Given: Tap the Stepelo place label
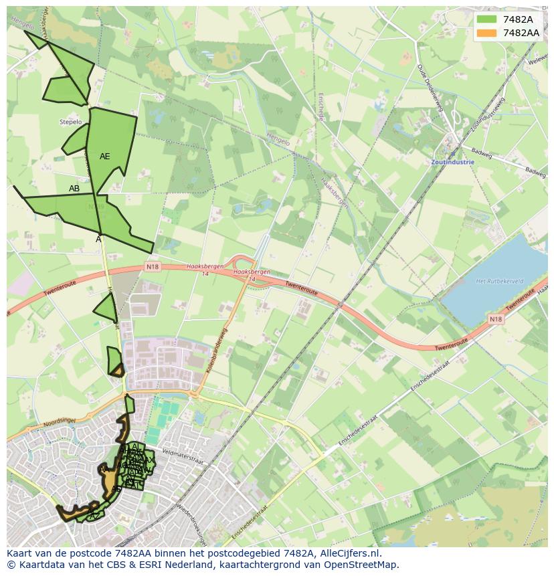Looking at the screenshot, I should click(70, 122).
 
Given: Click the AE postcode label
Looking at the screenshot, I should click(104, 157).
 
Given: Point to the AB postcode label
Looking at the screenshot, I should click(74, 189).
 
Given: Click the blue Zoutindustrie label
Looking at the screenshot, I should click(452, 162).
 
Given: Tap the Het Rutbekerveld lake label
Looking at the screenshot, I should click(499, 281).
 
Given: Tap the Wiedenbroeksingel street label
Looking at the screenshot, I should click(190, 512).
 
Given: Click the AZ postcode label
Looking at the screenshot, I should click(95, 514).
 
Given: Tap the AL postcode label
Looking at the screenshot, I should click(136, 446).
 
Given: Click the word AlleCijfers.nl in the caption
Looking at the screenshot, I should click(349, 554).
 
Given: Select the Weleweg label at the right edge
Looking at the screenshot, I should click(538, 61).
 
